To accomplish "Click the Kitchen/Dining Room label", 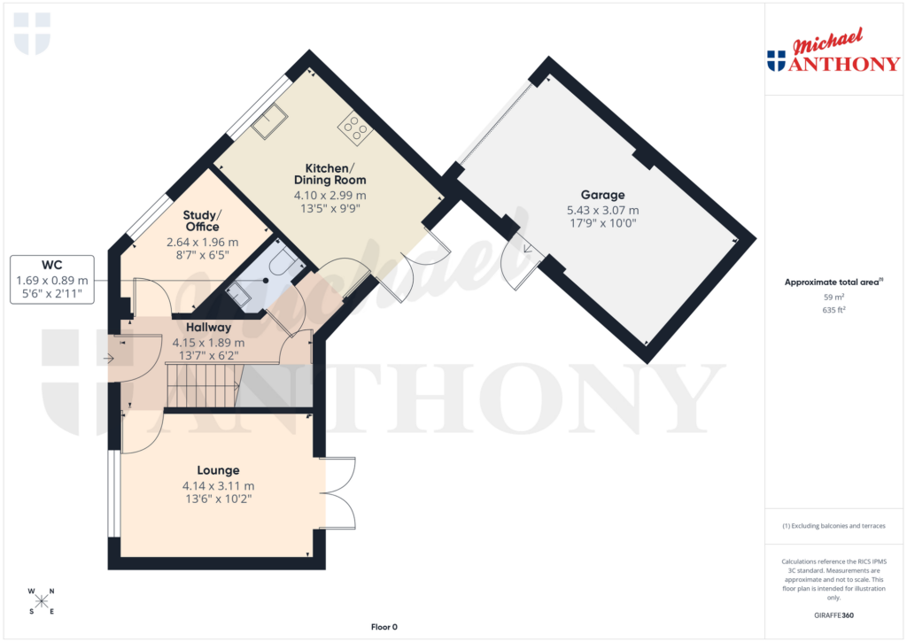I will pos(329,174).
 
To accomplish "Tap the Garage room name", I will pos(602,195).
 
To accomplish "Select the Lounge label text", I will pos(218,470).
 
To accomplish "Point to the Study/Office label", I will pos(202,221).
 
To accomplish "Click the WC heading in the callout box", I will pos(52,265).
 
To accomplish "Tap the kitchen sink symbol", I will pos(268,123).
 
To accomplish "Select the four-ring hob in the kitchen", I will pos(354,129).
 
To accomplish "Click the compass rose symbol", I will pos(42,601).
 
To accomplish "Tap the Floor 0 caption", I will pos(384,627).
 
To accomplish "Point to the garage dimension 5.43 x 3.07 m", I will pos(602,211).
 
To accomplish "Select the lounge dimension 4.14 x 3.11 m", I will pos(218,486).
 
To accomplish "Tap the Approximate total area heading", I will pos(832,282).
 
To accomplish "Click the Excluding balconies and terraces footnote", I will pos(833,526).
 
